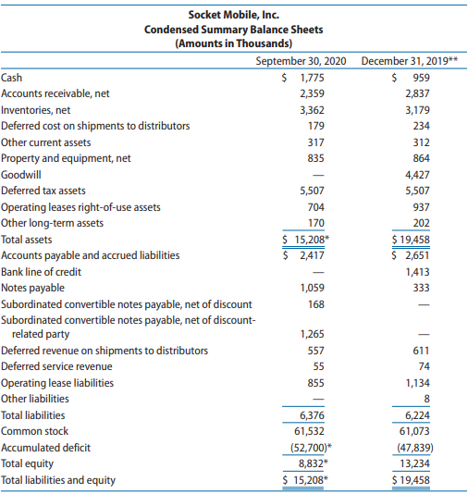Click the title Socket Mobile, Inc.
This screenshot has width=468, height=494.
(x=234, y=15)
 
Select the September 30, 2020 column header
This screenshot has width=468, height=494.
(x=301, y=61)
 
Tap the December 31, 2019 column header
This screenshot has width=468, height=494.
(x=406, y=61)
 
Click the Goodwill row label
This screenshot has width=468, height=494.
(x=20, y=175)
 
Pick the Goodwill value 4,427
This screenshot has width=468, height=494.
(x=417, y=175)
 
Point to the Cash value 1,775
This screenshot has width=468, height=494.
(x=312, y=78)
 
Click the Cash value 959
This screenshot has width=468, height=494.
(x=422, y=78)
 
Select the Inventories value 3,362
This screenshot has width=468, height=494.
(x=312, y=110)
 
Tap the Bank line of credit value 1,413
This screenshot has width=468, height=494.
(x=417, y=272)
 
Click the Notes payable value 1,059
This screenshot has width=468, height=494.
(x=312, y=288)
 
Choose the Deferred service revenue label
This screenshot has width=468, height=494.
(x=56, y=366)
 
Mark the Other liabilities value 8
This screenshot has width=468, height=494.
(x=426, y=399)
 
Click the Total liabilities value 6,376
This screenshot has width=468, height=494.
(x=312, y=415)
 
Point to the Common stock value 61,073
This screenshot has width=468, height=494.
(x=414, y=431)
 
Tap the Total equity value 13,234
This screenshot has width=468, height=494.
(x=414, y=463)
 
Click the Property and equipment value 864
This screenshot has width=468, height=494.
(x=422, y=158)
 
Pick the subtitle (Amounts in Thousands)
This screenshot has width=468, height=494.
(x=234, y=43)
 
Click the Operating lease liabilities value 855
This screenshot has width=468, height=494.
(x=316, y=383)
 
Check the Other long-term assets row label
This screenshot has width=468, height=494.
(x=53, y=223)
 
